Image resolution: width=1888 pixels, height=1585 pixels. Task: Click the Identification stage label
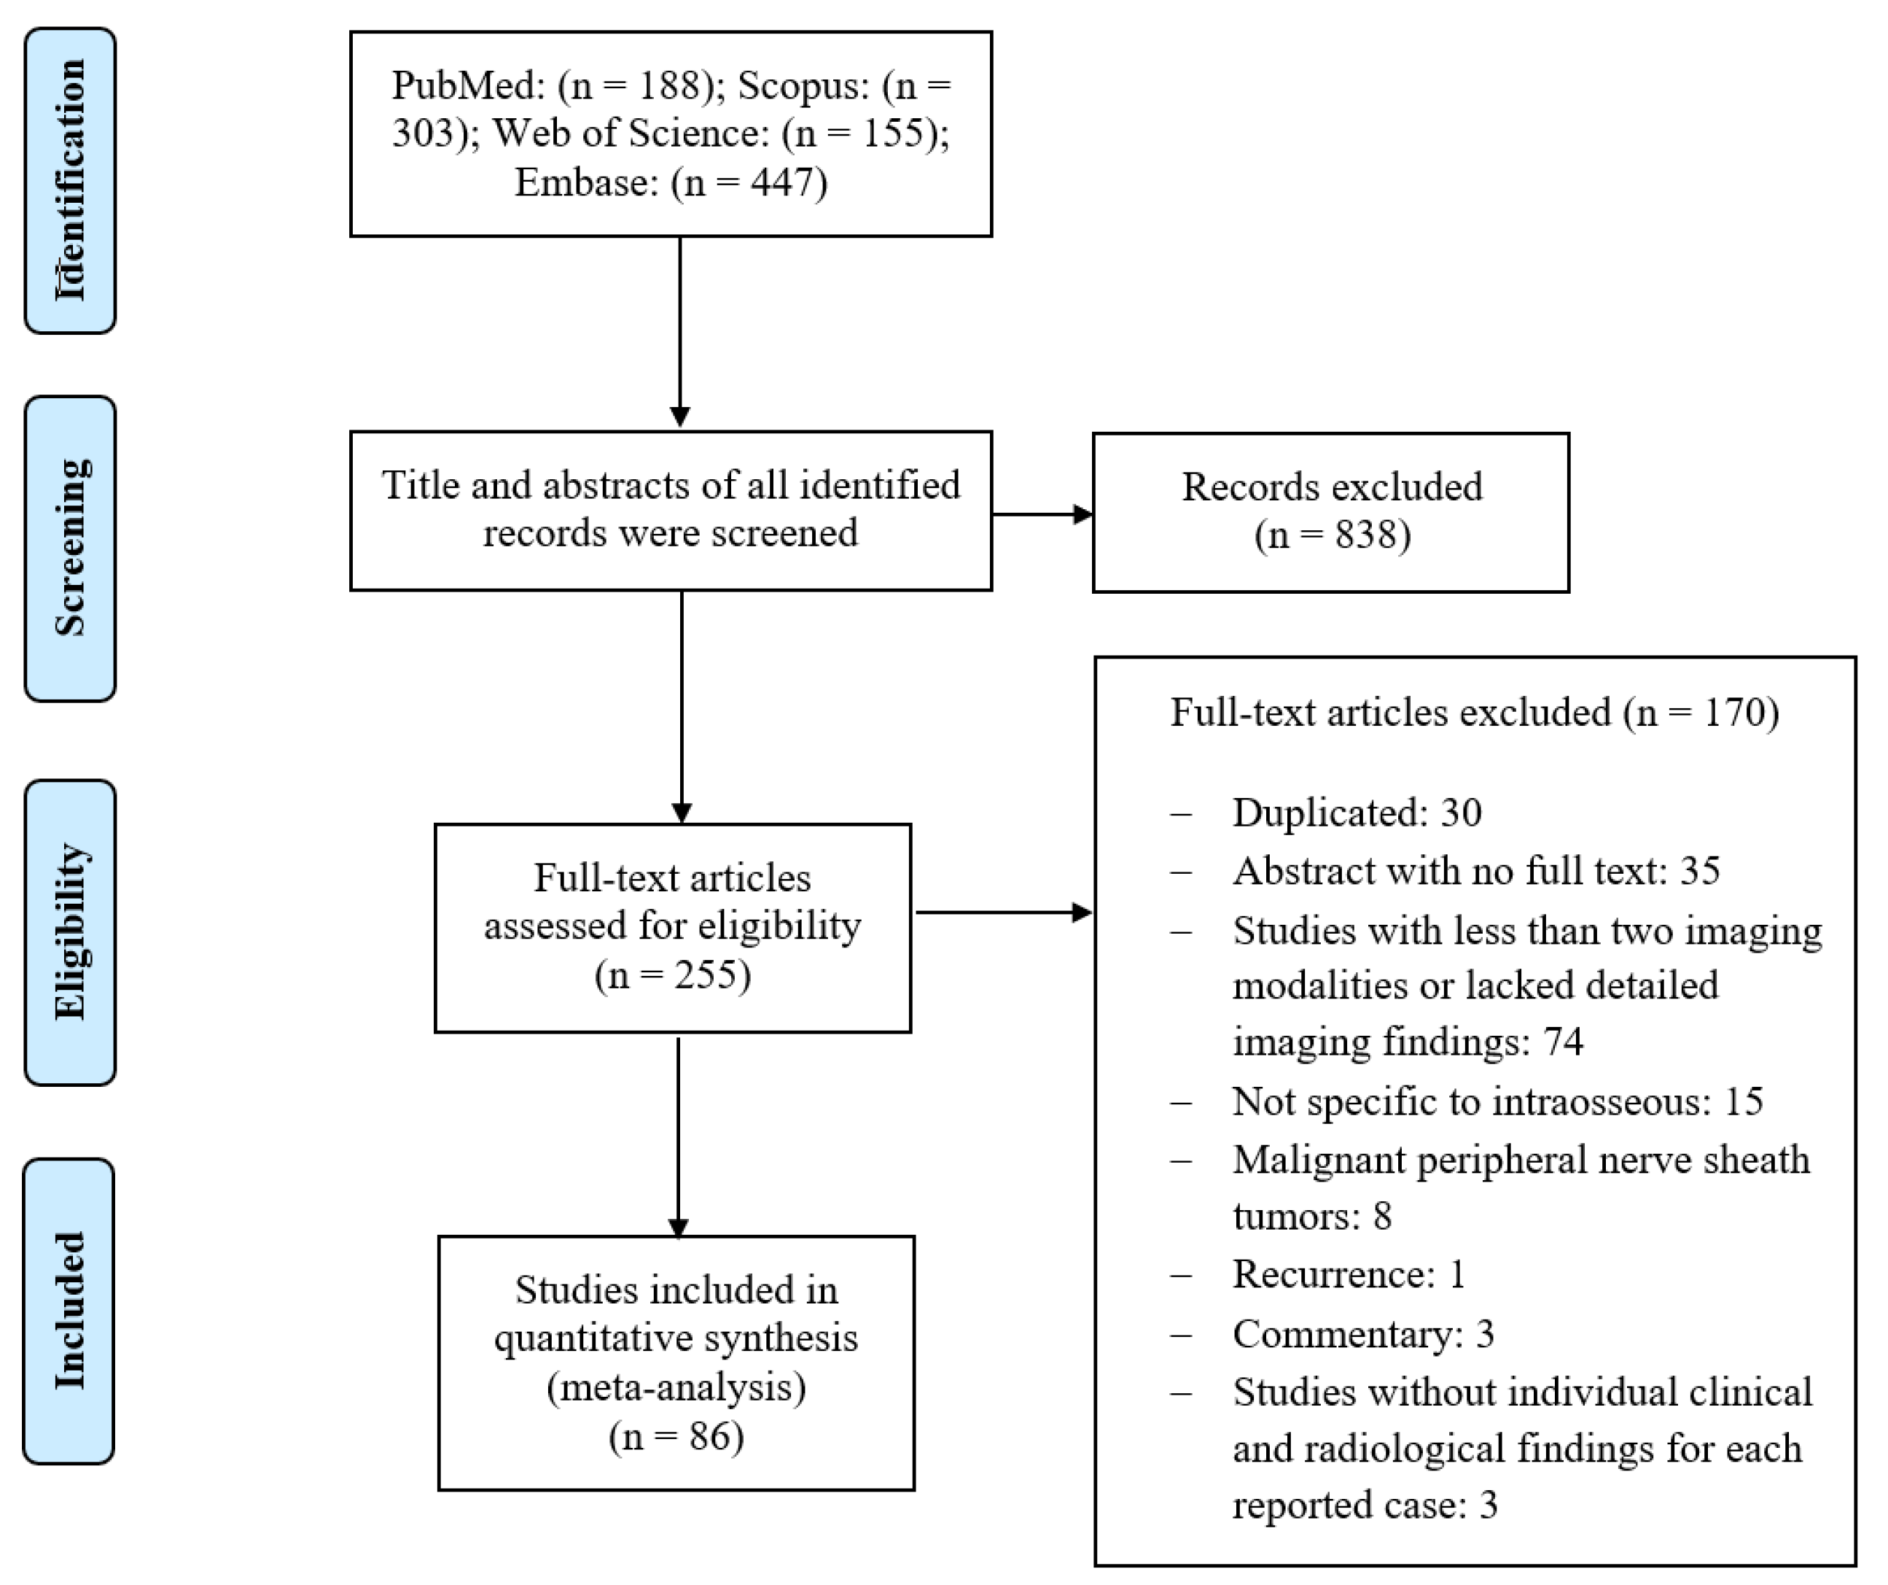point(70,180)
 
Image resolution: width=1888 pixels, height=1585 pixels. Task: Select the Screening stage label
point(70,548)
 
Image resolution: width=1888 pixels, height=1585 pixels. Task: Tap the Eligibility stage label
point(70,932)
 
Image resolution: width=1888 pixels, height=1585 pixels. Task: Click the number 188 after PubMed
point(669,85)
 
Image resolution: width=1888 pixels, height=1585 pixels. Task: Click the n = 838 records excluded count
point(1333,535)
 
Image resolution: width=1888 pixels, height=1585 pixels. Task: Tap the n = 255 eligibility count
point(673,975)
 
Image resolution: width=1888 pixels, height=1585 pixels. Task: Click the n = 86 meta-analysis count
point(676,1437)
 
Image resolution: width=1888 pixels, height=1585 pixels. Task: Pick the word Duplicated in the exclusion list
point(1327,813)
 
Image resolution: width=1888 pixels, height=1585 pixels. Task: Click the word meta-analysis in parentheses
point(676,1388)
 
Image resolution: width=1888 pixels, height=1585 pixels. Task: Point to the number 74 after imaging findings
point(1564,1042)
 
